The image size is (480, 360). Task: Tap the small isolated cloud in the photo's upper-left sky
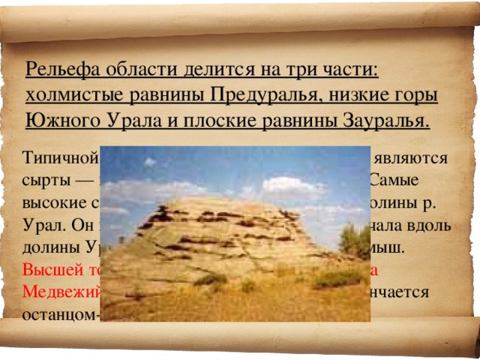pos(150,161)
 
